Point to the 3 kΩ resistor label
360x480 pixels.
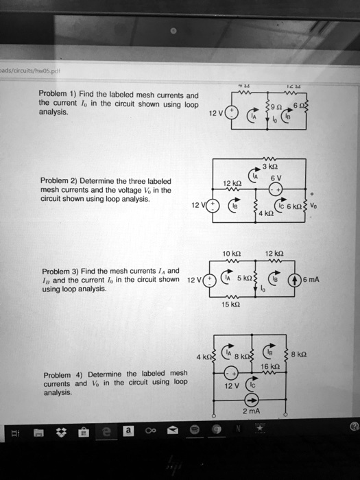[x=269, y=165]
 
